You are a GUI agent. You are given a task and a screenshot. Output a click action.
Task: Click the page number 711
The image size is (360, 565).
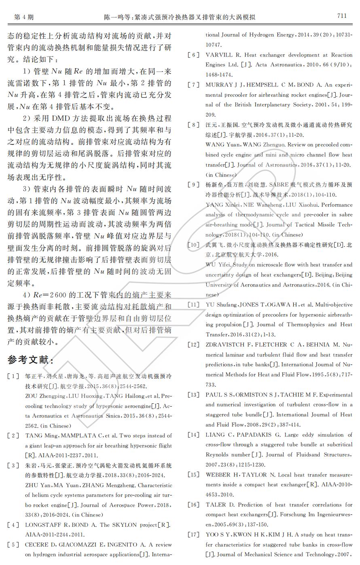[x=342, y=16]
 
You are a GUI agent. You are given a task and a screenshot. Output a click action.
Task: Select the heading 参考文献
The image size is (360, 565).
[x=30, y=360]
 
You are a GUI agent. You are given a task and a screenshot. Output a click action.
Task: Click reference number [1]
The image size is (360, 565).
[x=13, y=376]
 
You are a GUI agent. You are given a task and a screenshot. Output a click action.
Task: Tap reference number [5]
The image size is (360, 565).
[x=13, y=545]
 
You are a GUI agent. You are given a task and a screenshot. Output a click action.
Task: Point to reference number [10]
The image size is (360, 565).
[x=193, y=245]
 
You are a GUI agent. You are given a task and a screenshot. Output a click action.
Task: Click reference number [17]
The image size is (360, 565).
[x=193, y=535]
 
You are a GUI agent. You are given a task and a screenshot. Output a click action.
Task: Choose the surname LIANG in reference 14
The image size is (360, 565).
[x=216, y=435]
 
